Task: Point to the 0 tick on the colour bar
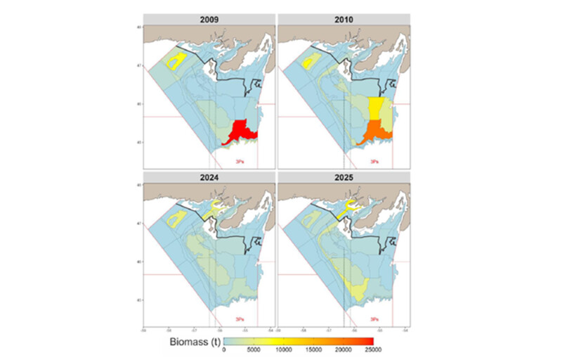pos(224,351)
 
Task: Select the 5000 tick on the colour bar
pos(254,351)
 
